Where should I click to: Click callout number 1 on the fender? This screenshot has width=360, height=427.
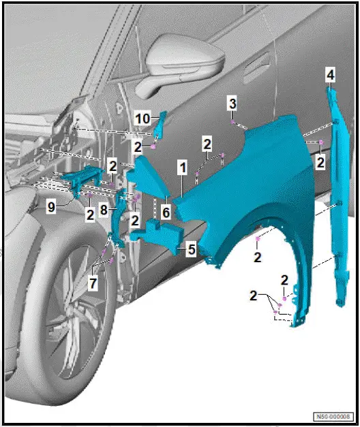(x=182, y=167)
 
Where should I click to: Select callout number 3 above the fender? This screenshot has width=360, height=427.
(x=232, y=104)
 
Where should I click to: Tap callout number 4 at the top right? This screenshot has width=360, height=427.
(x=330, y=74)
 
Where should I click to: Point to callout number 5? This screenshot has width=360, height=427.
(x=192, y=250)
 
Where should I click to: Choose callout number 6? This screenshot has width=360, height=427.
(x=166, y=212)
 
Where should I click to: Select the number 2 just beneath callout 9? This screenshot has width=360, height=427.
(x=89, y=215)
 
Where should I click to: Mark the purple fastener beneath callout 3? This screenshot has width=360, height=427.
(x=234, y=123)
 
